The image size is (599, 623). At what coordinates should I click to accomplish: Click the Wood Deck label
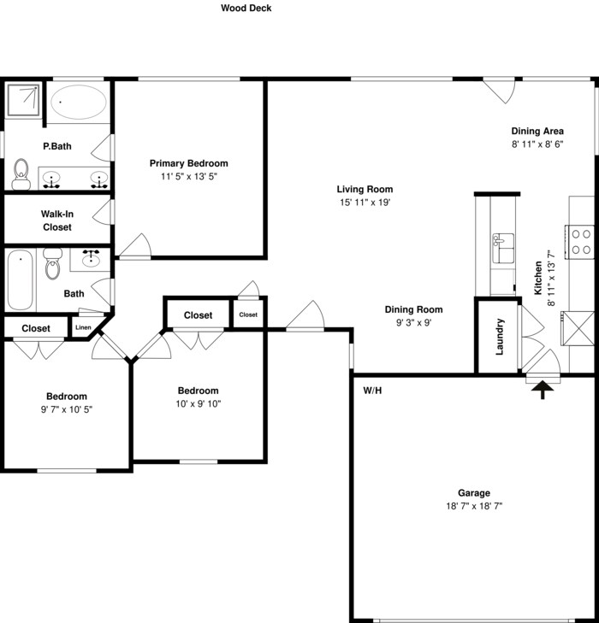click(246, 8)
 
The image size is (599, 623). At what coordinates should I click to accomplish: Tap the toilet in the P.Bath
click(21, 174)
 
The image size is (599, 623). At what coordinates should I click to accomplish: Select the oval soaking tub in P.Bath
click(79, 102)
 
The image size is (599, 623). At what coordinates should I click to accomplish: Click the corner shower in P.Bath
click(23, 101)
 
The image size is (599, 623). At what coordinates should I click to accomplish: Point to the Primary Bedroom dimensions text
click(189, 176)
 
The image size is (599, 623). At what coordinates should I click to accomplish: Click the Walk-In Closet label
click(57, 220)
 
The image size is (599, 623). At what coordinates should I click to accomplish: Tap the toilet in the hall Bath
click(52, 264)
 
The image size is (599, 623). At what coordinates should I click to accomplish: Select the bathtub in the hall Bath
click(20, 279)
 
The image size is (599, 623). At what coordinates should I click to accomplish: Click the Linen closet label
click(83, 327)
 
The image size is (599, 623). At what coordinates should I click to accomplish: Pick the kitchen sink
click(503, 249)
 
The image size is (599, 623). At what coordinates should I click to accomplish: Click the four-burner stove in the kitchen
click(580, 242)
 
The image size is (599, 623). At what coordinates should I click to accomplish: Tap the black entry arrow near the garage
click(543, 390)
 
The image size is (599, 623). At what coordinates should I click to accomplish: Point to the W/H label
click(372, 391)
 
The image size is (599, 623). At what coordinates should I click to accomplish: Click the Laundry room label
click(500, 336)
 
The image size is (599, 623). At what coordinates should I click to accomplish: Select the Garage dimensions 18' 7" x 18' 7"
click(474, 506)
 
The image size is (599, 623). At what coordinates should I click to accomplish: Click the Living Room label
click(365, 190)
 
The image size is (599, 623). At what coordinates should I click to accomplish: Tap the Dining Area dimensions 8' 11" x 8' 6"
click(537, 144)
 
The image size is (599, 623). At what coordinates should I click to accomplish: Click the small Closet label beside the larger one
click(248, 314)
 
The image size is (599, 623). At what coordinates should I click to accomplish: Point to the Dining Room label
click(413, 309)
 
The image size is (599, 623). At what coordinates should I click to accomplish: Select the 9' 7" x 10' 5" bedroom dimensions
click(67, 409)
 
